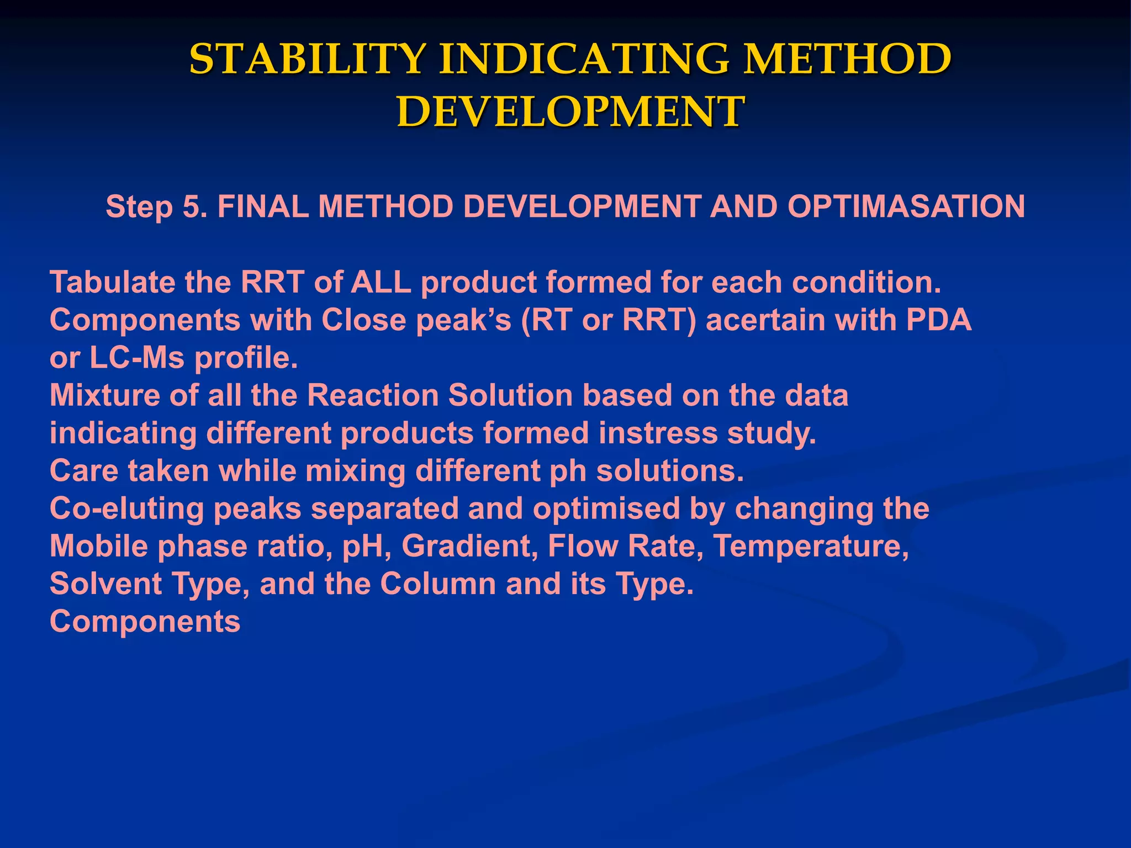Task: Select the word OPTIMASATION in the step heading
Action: pos(906,206)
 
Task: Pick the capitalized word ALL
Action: pos(381,282)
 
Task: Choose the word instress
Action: pos(658,433)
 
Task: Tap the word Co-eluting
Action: pos(127,508)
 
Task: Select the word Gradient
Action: pos(469,546)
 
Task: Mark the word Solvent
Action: pos(105,584)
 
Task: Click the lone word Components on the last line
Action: pos(145,622)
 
